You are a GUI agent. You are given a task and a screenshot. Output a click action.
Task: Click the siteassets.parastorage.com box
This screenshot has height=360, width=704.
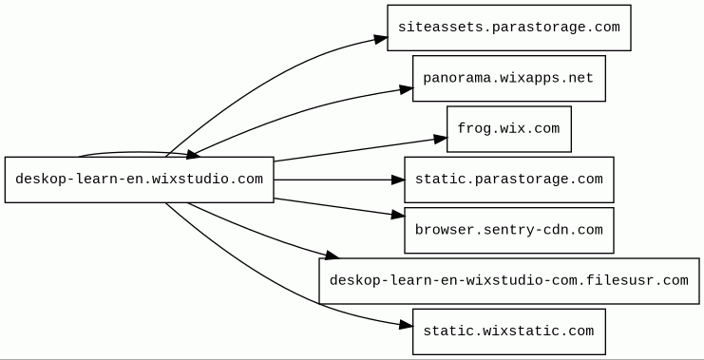coord(508,28)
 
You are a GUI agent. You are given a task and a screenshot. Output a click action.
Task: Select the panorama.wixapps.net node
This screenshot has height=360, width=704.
coord(508,79)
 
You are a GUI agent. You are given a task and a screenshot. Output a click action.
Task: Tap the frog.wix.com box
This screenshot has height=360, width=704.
coord(508,129)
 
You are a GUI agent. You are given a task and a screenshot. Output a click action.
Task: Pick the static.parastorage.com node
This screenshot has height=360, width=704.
coord(508,180)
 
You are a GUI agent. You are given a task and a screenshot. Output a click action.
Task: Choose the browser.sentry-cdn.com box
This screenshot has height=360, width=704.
coord(508,230)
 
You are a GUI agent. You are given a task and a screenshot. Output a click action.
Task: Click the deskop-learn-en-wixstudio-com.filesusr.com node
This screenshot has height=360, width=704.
coord(508,281)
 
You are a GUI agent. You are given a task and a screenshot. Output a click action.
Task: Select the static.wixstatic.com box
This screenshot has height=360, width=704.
coord(508,332)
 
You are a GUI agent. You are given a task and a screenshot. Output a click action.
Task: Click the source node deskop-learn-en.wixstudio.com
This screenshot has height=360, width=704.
coord(139,180)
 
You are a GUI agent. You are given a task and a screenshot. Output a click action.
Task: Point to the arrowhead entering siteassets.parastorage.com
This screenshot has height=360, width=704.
coord(381,39)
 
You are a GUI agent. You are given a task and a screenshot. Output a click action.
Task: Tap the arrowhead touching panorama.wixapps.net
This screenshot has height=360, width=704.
coord(407,89)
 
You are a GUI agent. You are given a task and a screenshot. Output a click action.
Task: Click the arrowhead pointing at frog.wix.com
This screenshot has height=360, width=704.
coord(441,139)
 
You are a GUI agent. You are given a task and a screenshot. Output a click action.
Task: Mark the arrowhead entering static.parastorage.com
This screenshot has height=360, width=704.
coord(398,180)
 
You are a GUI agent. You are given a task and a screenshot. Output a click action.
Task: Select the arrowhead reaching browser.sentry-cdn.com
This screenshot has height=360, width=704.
coord(398,216)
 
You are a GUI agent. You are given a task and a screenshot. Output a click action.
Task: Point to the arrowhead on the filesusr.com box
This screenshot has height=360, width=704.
coord(332,255)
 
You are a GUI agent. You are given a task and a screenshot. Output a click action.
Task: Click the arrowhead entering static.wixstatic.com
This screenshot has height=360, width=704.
coord(406,325)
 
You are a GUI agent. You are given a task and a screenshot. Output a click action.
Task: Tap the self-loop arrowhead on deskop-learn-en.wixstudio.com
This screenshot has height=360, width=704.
coord(193,155)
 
